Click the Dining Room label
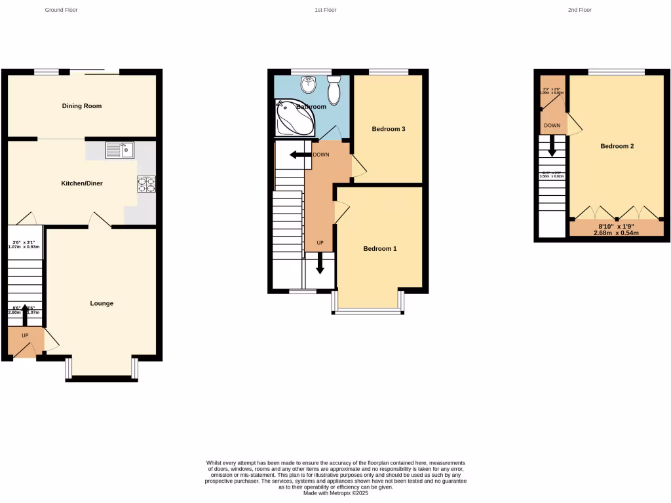point(82,105)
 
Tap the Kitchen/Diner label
point(82,184)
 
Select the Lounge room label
point(102,303)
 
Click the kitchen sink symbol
point(119,151)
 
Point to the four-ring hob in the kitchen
point(146,185)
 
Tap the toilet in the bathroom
point(334,90)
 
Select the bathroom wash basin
point(308,84)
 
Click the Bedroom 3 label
point(389,129)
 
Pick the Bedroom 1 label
point(380,249)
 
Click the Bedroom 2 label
point(617,146)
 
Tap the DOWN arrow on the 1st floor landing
point(302,155)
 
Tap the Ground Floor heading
point(62,10)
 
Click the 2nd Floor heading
point(580,10)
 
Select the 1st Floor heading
point(326,10)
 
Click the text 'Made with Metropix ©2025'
point(335,493)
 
